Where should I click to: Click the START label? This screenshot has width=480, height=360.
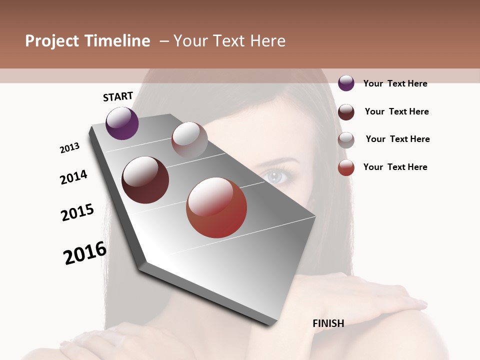pyautogui.click(x=118, y=96)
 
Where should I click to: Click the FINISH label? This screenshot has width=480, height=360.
pyautogui.click(x=328, y=323)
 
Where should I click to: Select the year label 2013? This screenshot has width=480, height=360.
pyautogui.click(x=69, y=148)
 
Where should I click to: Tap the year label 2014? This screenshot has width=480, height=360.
pyautogui.click(x=73, y=177)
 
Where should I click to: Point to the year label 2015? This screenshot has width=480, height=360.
pyautogui.click(x=77, y=212)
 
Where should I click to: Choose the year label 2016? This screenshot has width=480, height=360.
pyautogui.click(x=85, y=253)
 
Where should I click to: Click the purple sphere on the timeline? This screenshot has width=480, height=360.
pyautogui.click(x=122, y=123)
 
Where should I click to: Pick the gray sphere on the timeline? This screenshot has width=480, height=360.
pyautogui.click(x=189, y=139)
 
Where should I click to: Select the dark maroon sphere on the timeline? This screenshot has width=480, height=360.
pyautogui.click(x=145, y=180)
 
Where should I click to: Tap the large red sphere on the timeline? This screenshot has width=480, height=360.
pyautogui.click(x=216, y=207)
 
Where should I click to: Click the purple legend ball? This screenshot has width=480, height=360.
pyautogui.click(x=346, y=83)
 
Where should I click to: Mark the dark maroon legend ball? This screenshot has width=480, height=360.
pyautogui.click(x=346, y=112)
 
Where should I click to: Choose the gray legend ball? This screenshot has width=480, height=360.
pyautogui.click(x=346, y=140)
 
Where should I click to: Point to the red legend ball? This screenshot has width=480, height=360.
pyautogui.click(x=346, y=167)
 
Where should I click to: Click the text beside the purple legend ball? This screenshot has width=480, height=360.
pyautogui.click(x=395, y=83)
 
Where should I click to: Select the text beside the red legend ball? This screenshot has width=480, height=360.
pyautogui.click(x=395, y=167)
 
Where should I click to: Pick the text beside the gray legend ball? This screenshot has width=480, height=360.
pyautogui.click(x=397, y=139)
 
